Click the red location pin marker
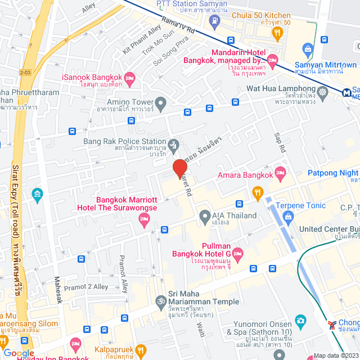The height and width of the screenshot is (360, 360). (179, 168)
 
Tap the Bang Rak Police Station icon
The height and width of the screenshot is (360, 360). (174, 144)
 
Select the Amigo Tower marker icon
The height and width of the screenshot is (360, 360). (161, 103)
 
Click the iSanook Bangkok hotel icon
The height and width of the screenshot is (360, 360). (129, 77)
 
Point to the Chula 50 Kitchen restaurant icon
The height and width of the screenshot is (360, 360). (276, 33)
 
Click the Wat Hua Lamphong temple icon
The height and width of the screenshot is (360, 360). (323, 92)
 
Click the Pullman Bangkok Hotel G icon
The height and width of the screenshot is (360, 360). (237, 253)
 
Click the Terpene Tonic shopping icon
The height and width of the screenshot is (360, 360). (289, 217)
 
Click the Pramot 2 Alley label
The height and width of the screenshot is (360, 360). (85, 286)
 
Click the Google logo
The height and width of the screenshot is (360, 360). (19, 353)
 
